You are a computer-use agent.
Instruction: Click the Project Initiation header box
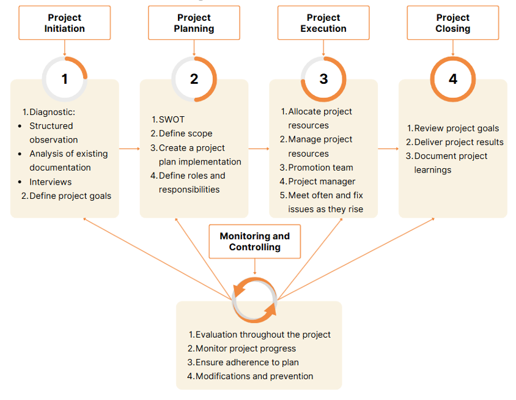click(65, 23)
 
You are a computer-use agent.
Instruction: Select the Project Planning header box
click(194, 23)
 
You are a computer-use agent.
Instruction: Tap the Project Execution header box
click(323, 23)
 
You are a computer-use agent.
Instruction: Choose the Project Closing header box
click(453, 23)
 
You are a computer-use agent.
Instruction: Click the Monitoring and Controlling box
click(255, 242)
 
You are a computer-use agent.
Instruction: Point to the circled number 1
click(65, 79)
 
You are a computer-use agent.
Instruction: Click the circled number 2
click(194, 79)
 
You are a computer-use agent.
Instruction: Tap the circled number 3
click(323, 79)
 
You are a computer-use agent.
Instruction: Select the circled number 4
click(453, 79)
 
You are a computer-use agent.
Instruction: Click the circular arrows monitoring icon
click(255, 299)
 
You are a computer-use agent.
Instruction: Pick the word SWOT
click(172, 119)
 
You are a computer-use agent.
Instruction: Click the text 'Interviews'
click(51, 182)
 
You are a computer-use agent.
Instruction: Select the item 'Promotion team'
click(320, 168)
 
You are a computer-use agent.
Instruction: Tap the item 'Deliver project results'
click(459, 142)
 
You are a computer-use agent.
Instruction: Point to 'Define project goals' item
click(70, 196)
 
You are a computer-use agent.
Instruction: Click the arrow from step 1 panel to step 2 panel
click(129, 148)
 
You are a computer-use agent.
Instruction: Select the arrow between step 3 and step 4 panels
click(388, 148)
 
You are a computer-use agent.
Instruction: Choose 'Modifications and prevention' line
click(254, 376)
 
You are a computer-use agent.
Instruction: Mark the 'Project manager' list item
click(322, 182)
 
